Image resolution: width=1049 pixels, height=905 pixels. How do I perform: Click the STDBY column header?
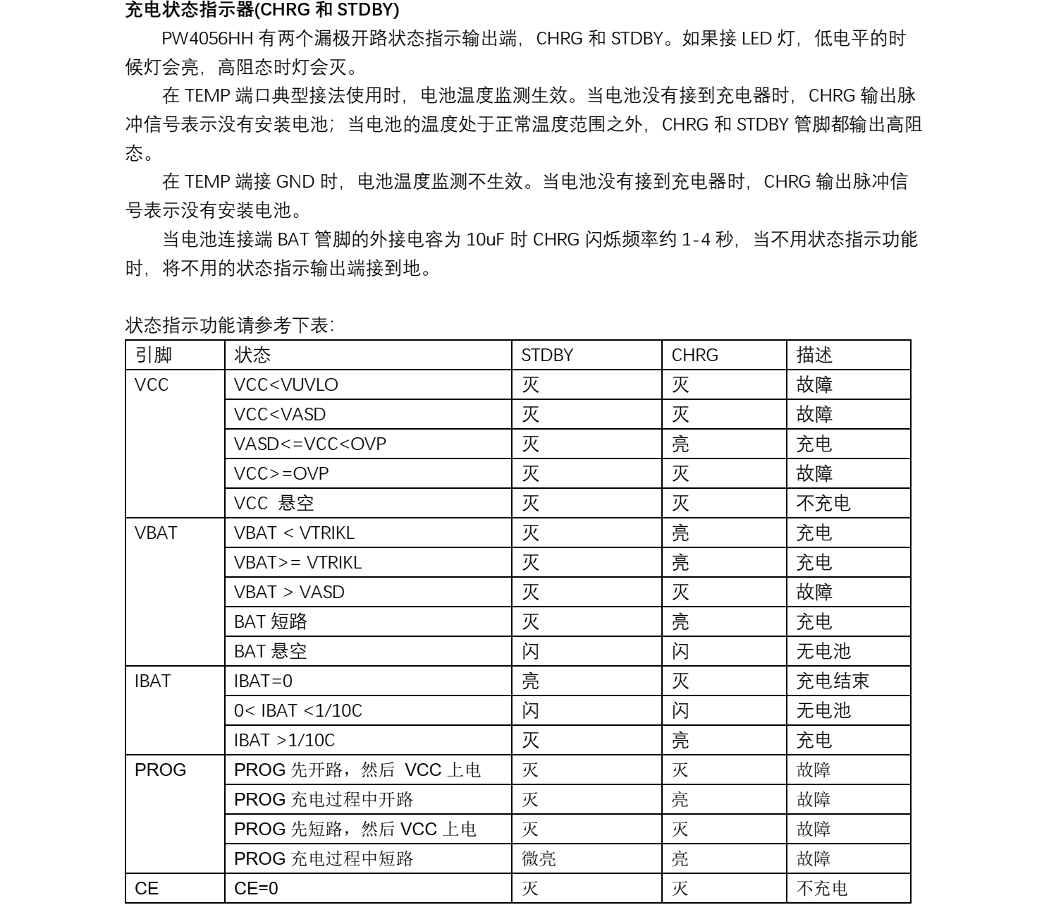(x=547, y=356)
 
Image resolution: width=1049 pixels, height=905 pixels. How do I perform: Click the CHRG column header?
(x=694, y=356)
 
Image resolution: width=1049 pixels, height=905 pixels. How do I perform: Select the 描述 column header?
(x=814, y=356)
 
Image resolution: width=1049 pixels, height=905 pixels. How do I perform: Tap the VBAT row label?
(x=156, y=533)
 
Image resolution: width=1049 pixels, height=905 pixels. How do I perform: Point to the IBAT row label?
(x=152, y=681)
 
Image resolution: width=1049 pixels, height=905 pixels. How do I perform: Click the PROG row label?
(x=160, y=770)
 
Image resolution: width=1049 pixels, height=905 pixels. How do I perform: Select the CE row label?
(x=147, y=889)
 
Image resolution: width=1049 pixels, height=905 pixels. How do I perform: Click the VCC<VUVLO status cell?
(x=286, y=385)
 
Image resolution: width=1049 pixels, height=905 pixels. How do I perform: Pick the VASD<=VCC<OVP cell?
(x=310, y=444)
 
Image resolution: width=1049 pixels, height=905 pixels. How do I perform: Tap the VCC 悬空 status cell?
(x=274, y=504)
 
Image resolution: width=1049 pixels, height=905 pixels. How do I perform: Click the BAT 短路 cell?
(x=271, y=622)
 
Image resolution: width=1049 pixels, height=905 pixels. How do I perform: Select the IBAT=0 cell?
(x=263, y=681)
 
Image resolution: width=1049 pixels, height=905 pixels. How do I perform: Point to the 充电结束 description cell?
(x=833, y=681)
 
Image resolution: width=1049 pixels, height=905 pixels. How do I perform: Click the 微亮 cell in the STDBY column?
(x=539, y=859)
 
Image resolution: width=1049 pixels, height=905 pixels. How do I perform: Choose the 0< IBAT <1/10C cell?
(x=297, y=711)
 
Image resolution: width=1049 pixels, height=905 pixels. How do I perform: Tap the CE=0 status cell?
(x=256, y=889)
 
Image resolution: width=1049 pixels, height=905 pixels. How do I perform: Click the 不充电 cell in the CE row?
(x=822, y=889)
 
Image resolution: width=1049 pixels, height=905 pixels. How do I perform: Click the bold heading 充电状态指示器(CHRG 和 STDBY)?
(x=262, y=11)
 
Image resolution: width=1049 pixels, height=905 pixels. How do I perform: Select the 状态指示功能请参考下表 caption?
(x=230, y=326)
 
